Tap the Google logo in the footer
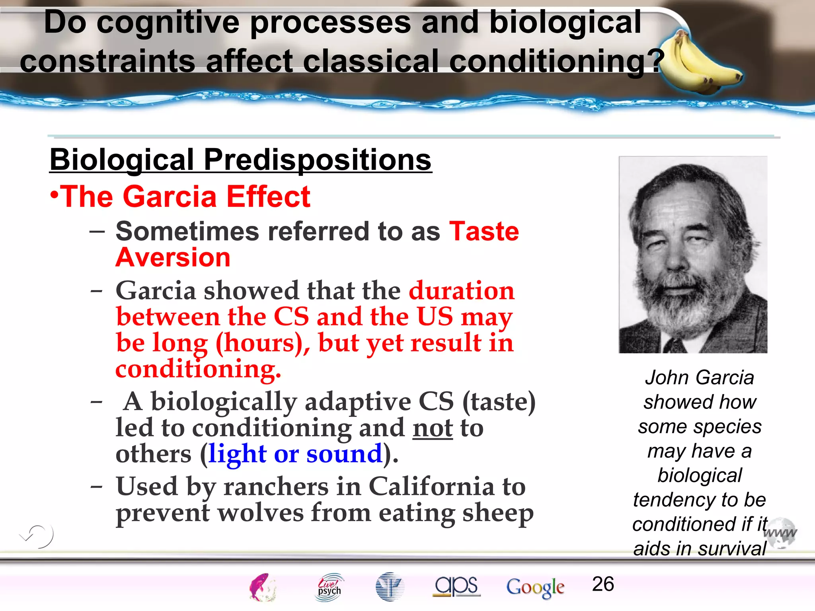tap(535, 587)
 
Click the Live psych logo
tap(330, 587)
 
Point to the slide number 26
tap(603, 584)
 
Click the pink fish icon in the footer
tap(262, 587)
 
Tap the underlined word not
tap(433, 428)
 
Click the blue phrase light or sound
tap(295, 454)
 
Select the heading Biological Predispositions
tap(240, 160)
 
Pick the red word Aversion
tap(173, 258)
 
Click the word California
tap(431, 487)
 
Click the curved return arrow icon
tap(37, 536)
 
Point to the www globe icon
tap(781, 533)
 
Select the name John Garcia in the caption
tap(699, 377)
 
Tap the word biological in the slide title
tap(565, 22)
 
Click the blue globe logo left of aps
tap(390, 587)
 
